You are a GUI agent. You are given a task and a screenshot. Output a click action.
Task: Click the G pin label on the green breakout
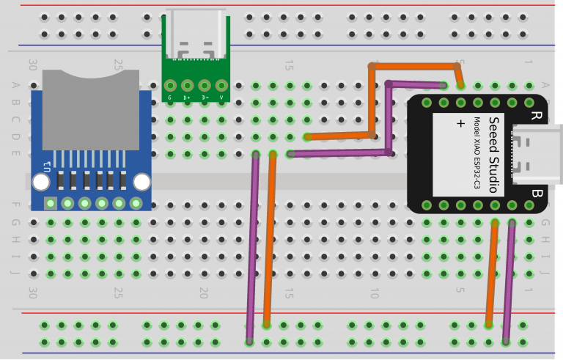pos(170,97)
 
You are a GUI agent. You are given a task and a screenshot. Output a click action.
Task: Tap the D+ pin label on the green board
pos(187,97)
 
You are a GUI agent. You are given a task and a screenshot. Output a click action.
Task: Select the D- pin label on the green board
pos(205,97)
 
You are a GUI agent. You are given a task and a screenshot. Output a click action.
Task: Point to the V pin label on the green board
pos(221,97)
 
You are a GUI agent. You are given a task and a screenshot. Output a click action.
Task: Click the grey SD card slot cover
pos(91,110)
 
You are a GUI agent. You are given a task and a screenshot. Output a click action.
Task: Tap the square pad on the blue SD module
pos(51,203)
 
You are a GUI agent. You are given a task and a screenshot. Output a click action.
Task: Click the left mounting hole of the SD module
pos(41,181)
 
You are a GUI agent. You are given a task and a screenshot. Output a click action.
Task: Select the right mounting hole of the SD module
pos(141,181)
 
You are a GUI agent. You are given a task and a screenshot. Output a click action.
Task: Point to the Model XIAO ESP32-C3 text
pos(476,154)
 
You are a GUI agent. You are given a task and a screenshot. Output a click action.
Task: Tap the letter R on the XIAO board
pos(535,115)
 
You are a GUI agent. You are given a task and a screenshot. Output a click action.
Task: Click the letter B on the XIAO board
pos(535,194)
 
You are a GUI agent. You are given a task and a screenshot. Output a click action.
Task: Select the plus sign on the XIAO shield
pos(460,123)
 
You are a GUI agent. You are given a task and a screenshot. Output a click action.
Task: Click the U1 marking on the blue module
pos(48,165)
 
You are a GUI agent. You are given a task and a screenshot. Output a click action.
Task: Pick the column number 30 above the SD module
pos(32,65)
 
